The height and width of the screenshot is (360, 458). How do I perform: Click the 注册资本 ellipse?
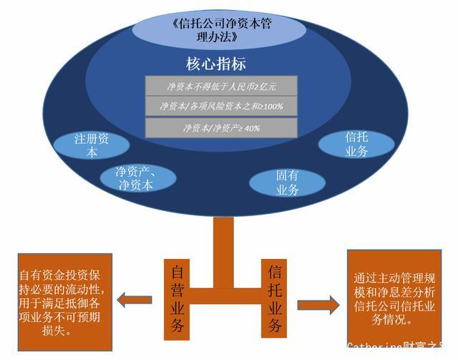click(94, 145)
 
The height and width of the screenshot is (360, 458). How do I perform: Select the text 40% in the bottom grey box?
click(251, 129)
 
